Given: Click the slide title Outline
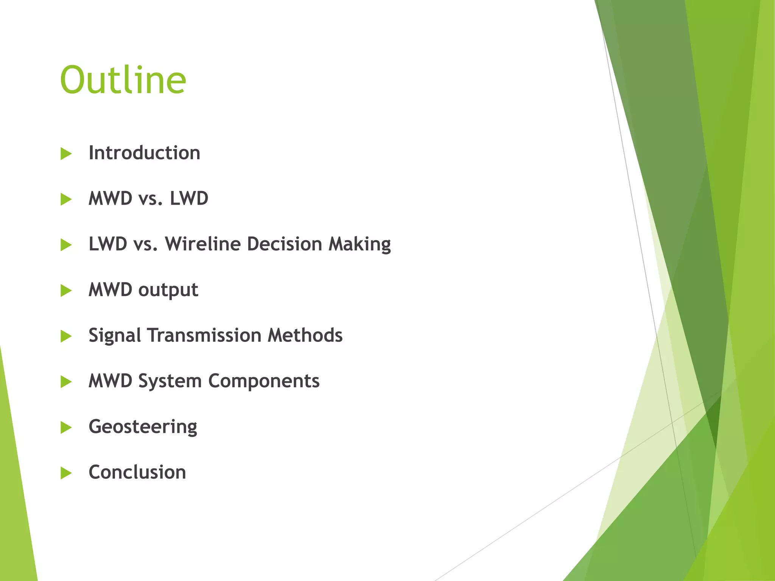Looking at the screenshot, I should point(123,80).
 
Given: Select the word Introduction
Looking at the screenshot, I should point(144,153).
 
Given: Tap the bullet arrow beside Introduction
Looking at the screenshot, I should point(66,154).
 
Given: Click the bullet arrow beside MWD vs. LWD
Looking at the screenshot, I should point(66,199).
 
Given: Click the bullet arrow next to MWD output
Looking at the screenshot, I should point(66,290).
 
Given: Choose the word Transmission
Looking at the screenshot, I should point(204,336).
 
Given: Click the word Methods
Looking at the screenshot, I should point(305,336).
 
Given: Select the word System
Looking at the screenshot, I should point(170,381).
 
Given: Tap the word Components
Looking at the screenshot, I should point(264,381).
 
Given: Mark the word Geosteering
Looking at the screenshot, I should point(143,427).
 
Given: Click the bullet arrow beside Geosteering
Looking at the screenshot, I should point(66,427).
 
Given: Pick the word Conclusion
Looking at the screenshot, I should point(137,472).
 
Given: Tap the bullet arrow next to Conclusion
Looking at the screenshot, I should point(66,473).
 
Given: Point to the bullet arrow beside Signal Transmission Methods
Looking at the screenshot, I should point(66,336).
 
